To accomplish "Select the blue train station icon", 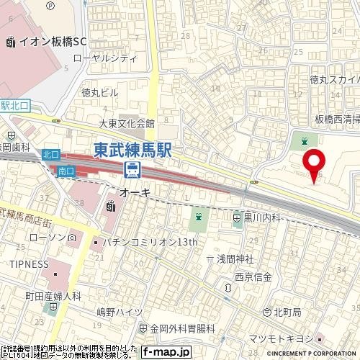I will pos(132,170).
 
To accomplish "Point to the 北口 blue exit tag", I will pos(50,153).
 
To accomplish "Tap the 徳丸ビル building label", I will pos(100,92).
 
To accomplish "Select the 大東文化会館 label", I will pos(127,123).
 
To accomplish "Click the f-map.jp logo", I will pos(165,352).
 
